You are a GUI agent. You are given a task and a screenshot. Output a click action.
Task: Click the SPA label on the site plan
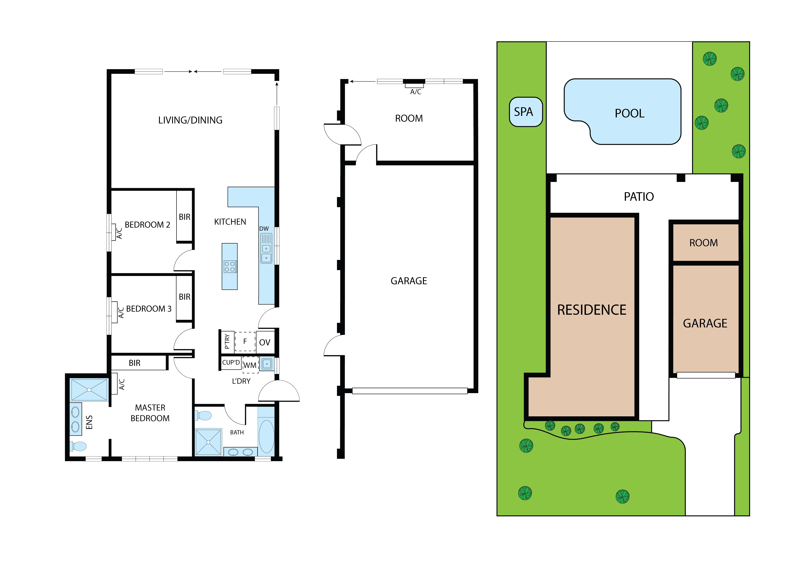[x=523, y=112]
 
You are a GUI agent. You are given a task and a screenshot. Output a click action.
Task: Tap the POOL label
[x=629, y=113]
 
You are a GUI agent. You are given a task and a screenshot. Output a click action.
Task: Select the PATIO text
[x=639, y=197]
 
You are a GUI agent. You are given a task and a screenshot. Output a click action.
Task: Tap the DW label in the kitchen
[x=264, y=229]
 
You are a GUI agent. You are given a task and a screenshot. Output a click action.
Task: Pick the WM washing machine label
[x=250, y=365]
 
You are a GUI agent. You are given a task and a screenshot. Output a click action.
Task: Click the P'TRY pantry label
[x=227, y=341]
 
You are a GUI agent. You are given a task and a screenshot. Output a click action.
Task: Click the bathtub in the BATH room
[x=267, y=436]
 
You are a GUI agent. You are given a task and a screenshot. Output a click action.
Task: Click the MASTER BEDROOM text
[x=150, y=413]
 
